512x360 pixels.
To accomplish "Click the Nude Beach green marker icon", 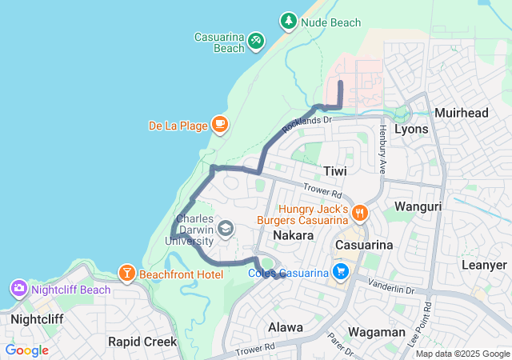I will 288,22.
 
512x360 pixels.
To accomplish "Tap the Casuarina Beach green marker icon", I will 255,38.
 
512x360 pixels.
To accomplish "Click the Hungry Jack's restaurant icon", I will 361,213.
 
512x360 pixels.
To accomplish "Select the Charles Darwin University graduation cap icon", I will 226,230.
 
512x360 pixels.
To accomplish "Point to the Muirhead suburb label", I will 461,113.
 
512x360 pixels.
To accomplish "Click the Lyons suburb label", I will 411,129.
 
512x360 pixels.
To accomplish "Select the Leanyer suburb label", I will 484,265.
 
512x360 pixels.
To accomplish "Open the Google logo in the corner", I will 27,350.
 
